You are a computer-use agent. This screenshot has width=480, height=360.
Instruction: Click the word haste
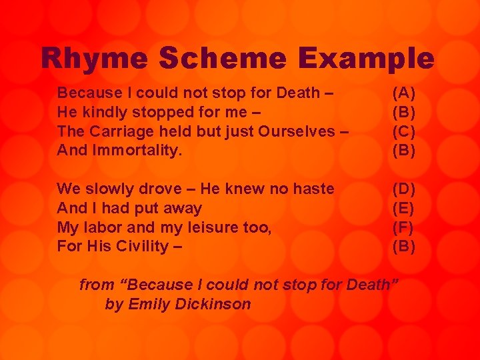[313, 189]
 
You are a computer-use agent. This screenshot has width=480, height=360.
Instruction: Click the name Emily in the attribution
[149, 305]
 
